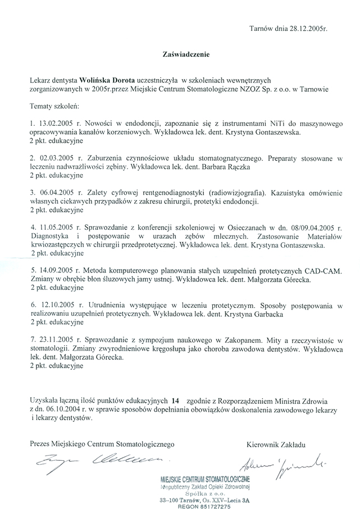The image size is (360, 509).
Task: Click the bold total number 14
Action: pos(176,400)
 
